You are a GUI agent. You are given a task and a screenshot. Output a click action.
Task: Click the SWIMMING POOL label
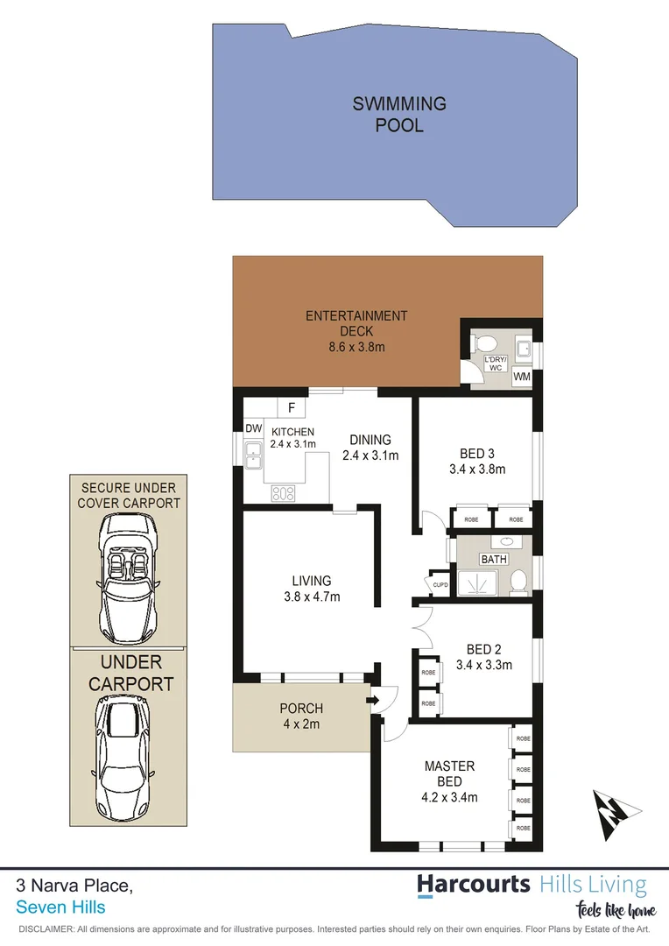(x=399, y=114)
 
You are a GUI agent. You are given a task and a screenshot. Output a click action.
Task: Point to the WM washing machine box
(x=522, y=376)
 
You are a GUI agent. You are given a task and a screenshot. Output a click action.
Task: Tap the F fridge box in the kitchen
(x=290, y=407)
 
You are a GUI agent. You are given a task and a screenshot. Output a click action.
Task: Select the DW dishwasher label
(x=253, y=429)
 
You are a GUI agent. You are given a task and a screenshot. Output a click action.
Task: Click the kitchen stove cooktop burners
(x=283, y=492)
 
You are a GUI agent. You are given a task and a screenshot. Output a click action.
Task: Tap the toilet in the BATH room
(x=518, y=580)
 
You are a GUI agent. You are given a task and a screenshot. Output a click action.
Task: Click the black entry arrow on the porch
(x=374, y=700)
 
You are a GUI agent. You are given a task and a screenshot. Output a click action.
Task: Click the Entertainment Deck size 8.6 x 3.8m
(x=356, y=347)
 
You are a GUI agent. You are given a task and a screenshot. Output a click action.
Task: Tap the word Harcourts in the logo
(x=473, y=884)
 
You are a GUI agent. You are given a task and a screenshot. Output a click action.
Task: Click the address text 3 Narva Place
(x=74, y=886)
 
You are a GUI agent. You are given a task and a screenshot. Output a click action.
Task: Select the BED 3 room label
(x=477, y=454)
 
